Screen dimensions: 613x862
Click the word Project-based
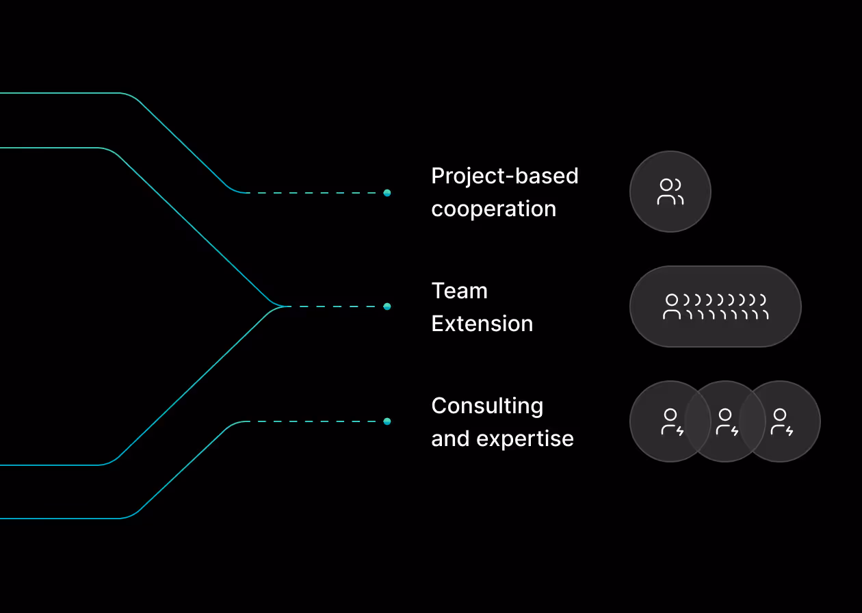(504, 177)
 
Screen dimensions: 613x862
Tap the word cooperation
(493, 209)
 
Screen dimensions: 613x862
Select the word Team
(459, 291)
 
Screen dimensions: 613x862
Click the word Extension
(482, 324)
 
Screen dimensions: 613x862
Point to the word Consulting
(487, 406)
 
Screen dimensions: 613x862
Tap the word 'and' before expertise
(450, 439)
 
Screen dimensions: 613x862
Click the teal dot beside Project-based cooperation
(387, 193)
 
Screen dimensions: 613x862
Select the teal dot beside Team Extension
(387, 306)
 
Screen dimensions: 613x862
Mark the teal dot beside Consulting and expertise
(387, 421)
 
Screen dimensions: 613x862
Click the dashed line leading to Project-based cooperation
(315, 193)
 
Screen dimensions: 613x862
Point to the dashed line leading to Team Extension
(335, 306)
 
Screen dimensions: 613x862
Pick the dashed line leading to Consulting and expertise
(315, 421)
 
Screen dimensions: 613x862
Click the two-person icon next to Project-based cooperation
(670, 192)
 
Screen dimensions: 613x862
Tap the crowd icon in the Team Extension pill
(716, 306)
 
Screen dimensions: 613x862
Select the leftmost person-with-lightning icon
(671, 422)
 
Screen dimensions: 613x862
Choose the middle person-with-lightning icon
(726, 422)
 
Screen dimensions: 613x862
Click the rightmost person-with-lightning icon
(781, 422)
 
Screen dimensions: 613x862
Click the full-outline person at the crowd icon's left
(672, 306)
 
